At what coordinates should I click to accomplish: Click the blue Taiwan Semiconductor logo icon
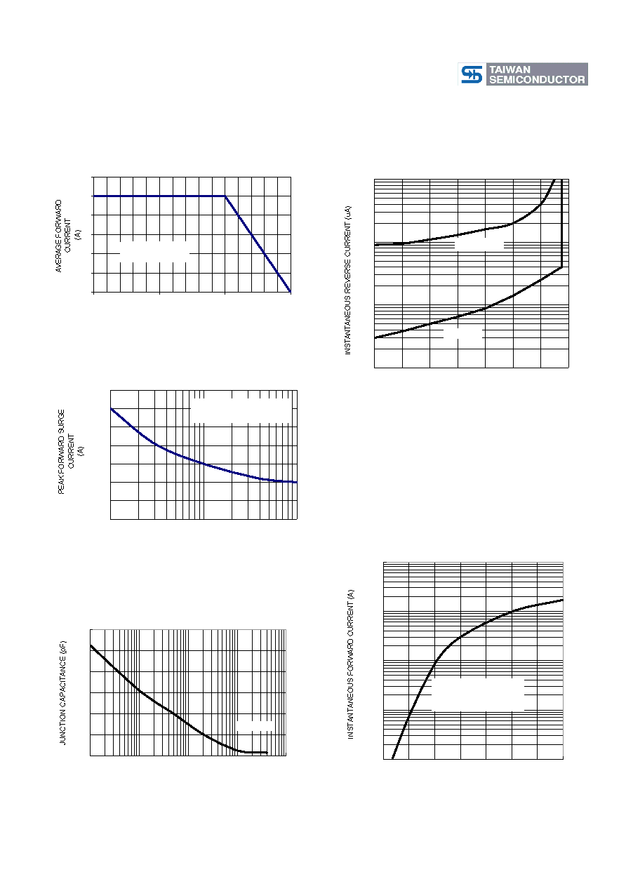coord(472,74)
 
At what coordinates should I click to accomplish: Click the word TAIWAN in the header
coord(510,69)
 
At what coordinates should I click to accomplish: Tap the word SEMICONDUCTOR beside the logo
coord(537,79)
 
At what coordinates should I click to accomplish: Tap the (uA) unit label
coord(348,213)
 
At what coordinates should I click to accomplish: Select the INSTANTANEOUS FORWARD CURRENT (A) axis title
coord(351,664)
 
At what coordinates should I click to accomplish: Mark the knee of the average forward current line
coord(225,196)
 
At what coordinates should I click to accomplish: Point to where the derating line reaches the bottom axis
coord(291,293)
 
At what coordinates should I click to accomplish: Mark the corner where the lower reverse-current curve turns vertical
coord(562,267)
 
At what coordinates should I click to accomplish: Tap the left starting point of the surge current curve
coord(111,408)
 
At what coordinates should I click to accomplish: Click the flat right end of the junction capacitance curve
coord(267,752)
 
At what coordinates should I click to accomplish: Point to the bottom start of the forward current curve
coord(392,758)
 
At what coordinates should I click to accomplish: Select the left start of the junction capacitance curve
coord(91,645)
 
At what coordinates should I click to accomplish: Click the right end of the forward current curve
coord(563,600)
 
